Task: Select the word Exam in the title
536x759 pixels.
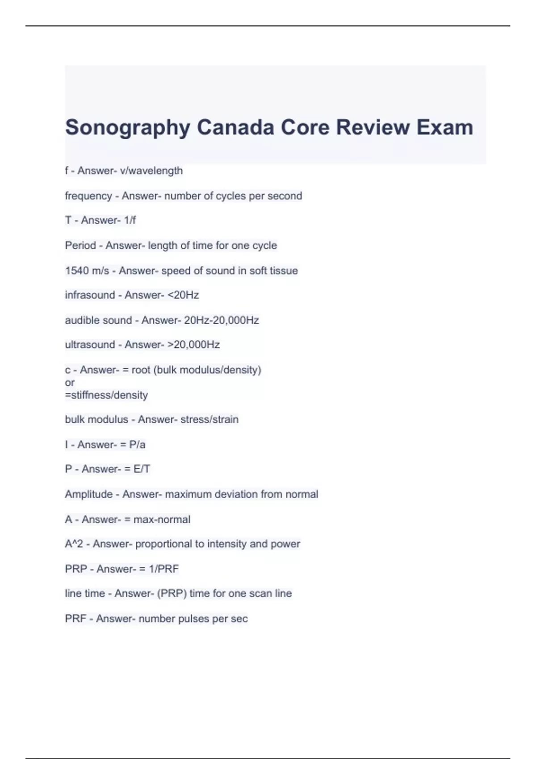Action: click(445, 127)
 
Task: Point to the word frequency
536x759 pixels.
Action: click(88, 196)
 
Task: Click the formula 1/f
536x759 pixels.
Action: click(130, 220)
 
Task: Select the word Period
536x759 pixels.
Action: click(80, 246)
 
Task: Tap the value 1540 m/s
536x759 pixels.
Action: click(87, 271)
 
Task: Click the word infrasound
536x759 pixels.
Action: click(90, 295)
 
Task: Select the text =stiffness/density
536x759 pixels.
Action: click(106, 395)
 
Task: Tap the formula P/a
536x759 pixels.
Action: click(137, 445)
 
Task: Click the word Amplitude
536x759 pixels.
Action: click(88, 494)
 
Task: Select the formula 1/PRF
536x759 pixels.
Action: click(163, 569)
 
